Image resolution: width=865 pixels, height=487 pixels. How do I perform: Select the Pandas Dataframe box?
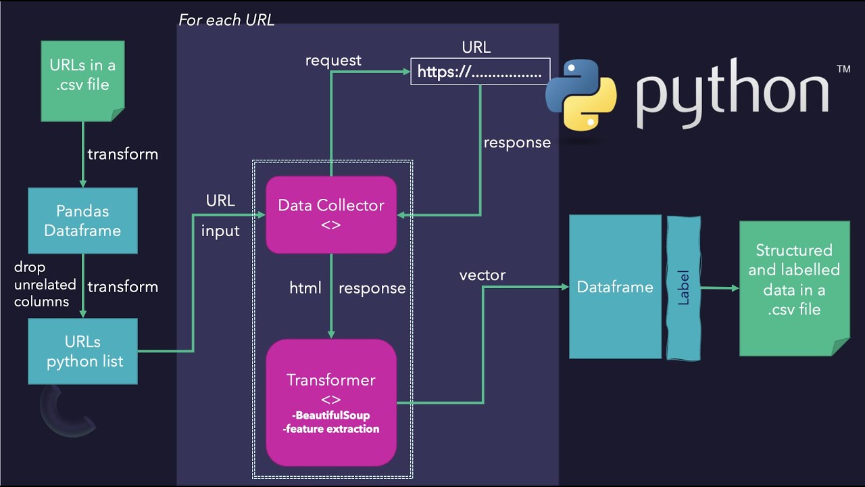tap(82, 221)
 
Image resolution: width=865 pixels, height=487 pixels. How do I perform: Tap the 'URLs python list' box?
tap(82, 352)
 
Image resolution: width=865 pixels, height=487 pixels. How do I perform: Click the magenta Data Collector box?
tap(331, 214)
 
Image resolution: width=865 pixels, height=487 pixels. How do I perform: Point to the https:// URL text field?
tap(480, 72)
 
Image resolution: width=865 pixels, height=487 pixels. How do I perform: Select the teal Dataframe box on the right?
tap(615, 287)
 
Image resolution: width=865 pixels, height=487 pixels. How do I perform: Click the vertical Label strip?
tap(683, 287)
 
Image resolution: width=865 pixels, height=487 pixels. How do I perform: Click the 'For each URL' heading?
tap(226, 20)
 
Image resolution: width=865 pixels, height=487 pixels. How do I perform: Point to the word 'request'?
tap(333, 60)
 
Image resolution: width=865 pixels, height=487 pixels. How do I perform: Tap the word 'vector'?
tap(483, 275)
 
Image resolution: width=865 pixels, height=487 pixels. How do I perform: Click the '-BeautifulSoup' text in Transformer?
tap(331, 415)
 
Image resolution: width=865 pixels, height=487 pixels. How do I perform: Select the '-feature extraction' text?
tap(331, 429)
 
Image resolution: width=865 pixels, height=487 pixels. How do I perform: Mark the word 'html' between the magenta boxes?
tap(305, 287)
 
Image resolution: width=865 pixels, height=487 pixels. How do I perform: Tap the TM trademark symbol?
tap(843, 69)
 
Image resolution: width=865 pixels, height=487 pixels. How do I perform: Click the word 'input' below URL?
tap(220, 231)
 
